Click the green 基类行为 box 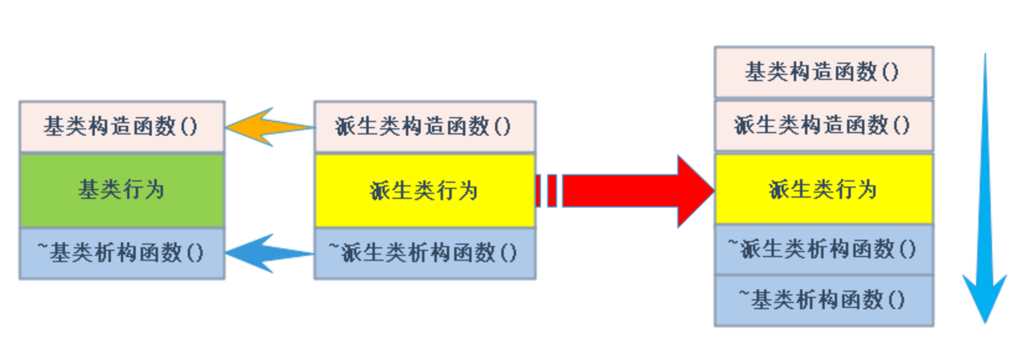(121, 190)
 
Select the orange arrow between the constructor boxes (266, 127)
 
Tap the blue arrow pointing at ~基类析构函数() (266, 253)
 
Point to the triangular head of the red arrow (694, 191)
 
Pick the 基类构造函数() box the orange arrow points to (121, 127)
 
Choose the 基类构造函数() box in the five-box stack (824, 72)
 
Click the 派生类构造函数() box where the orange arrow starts (424, 127)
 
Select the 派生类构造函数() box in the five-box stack (824, 126)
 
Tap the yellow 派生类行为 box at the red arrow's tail (424, 190)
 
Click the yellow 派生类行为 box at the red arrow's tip (824, 189)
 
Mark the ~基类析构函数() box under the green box (121, 253)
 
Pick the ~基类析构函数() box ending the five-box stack (824, 301)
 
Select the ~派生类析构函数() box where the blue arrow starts (424, 253)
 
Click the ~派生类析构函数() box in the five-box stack (824, 249)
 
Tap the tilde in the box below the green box (43, 247)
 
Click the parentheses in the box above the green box (189, 127)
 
